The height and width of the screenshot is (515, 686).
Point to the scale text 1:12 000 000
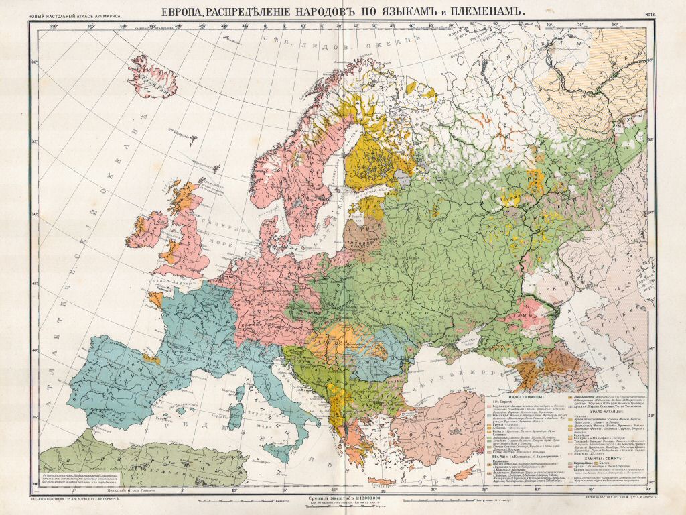click(343, 498)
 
